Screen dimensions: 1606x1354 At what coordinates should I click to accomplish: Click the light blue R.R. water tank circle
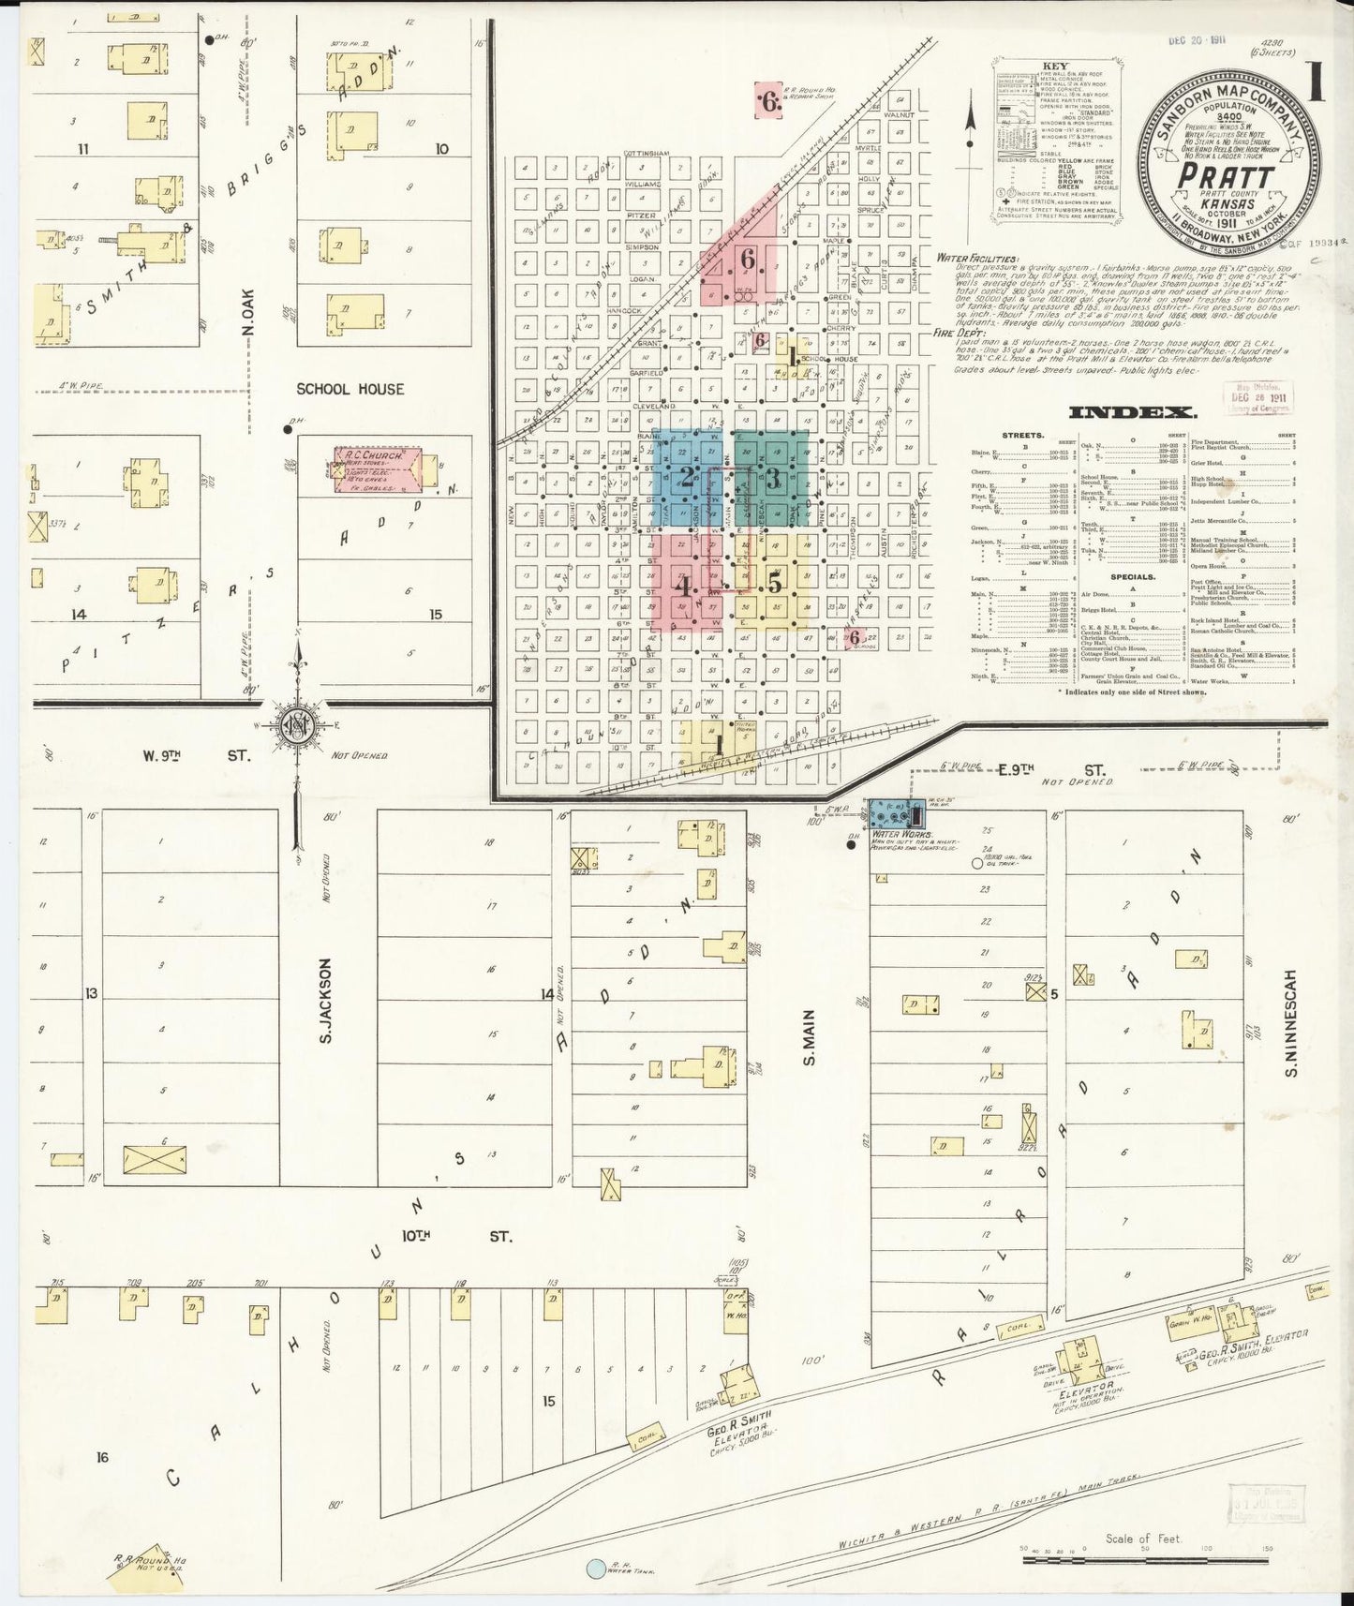coord(595,1567)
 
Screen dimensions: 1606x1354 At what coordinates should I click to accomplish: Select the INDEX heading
coord(1130,413)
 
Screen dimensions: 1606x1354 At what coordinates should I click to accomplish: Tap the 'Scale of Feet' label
coord(1143,1538)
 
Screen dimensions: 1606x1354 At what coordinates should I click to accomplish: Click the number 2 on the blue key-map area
coord(687,478)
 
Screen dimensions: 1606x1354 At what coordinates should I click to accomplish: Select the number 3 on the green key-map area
coord(774,478)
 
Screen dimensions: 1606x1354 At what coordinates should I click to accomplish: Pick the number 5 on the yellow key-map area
coord(774,582)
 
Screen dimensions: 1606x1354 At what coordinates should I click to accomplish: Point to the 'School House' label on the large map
coord(350,389)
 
